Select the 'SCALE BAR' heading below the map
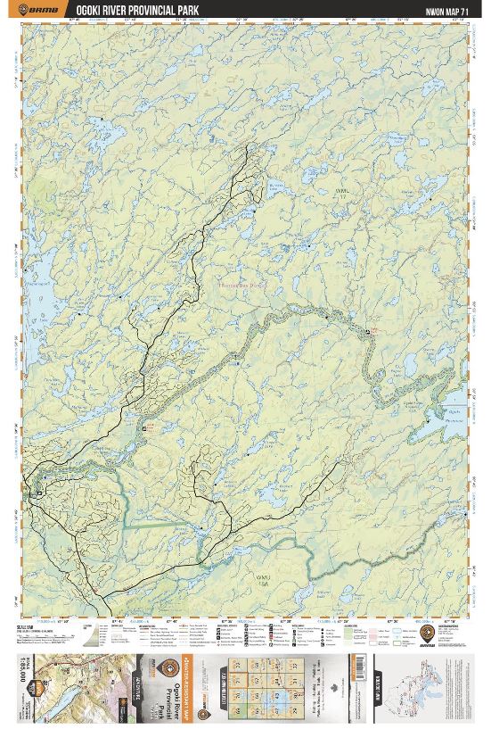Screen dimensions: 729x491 point(24,627)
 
